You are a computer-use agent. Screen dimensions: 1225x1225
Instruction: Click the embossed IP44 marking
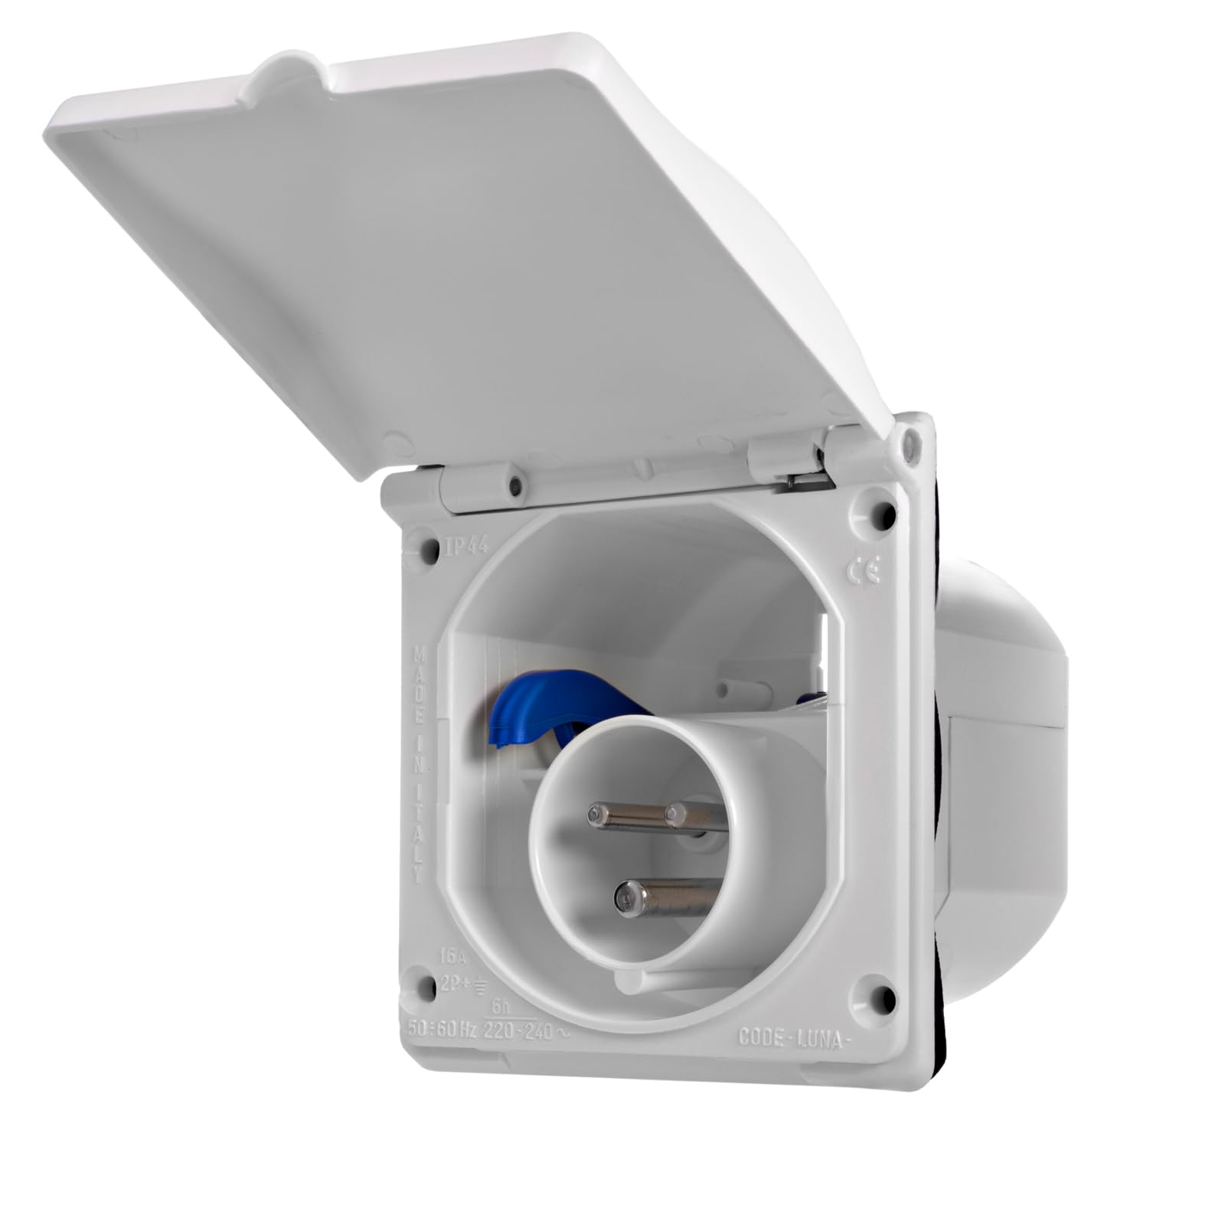tap(466, 547)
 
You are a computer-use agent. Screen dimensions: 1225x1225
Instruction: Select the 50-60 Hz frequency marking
tap(441, 1029)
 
